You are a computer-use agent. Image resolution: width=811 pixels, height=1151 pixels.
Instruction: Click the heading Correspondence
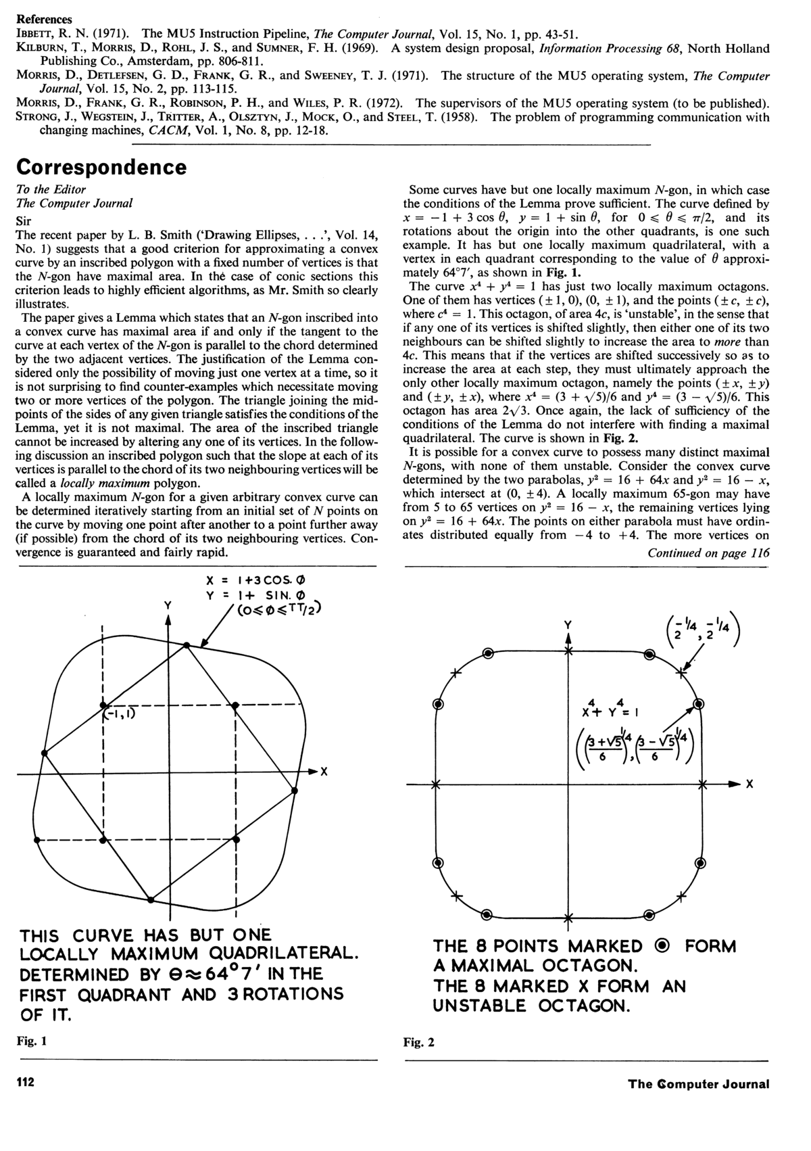101,167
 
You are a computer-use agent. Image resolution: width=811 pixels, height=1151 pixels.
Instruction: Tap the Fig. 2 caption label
419,1042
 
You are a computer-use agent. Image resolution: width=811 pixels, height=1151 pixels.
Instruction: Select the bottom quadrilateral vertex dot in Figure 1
151,899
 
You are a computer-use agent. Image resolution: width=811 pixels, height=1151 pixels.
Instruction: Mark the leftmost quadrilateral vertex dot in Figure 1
45,753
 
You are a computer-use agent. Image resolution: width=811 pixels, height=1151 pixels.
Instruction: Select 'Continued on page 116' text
708,553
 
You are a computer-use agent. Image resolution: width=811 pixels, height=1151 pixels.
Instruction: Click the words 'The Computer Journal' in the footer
698,1083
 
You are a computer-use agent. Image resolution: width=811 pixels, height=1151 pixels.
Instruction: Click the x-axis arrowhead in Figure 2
735,784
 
